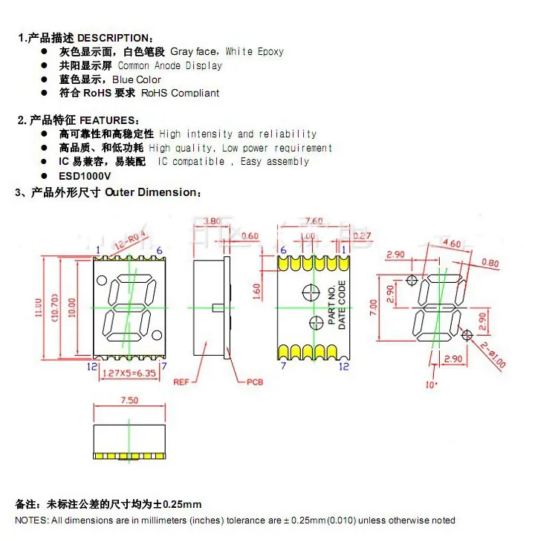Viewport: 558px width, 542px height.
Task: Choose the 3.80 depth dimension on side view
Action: pyautogui.click(x=212, y=221)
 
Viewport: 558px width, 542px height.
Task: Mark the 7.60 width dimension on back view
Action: pyautogui.click(x=314, y=221)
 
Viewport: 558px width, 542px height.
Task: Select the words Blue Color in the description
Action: pyautogui.click(x=137, y=79)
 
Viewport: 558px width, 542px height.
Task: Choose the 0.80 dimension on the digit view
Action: pyautogui.click(x=490, y=263)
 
